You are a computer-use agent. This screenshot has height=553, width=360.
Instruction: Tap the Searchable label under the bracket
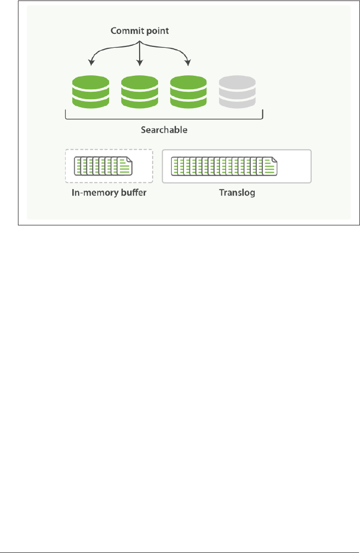click(164, 130)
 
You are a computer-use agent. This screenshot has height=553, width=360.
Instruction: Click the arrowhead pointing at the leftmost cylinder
click(91, 63)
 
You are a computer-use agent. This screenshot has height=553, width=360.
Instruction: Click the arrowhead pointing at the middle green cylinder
click(140, 63)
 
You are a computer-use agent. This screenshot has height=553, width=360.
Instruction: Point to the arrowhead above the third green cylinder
click(188, 63)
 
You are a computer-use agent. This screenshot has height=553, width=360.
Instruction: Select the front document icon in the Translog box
click(269, 166)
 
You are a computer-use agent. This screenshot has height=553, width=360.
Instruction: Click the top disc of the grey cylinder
click(237, 81)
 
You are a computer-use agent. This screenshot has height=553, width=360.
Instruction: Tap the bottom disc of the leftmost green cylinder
click(91, 102)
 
